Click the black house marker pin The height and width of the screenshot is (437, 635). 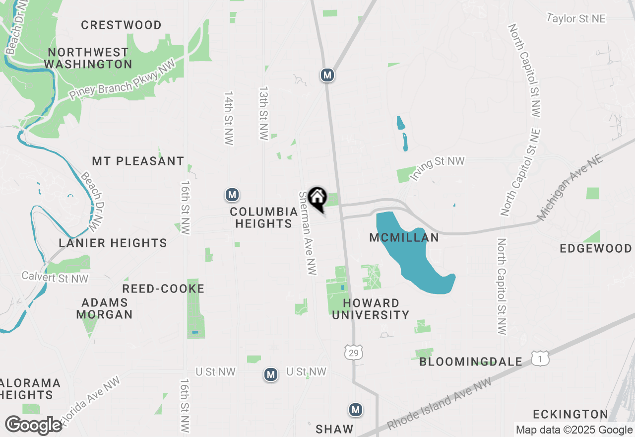coord(317,199)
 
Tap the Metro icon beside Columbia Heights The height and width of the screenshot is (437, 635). coord(232,195)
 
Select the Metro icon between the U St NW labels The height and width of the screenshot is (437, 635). coord(270,374)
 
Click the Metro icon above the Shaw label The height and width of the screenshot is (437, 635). coord(355,410)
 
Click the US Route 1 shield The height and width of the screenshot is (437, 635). coord(540,359)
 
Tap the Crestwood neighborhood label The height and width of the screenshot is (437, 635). coord(121,25)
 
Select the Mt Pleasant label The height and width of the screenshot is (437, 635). coord(138,161)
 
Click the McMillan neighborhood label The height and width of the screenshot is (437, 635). coord(404,238)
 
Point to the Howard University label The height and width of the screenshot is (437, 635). coord(371,308)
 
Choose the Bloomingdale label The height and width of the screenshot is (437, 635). coord(471,362)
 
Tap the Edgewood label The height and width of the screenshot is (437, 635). coord(595,248)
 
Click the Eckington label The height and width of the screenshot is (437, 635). coord(571,414)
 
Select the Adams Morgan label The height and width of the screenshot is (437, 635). coord(105,308)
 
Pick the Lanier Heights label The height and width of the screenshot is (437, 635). coord(113,243)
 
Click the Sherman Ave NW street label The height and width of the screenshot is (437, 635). coord(308,233)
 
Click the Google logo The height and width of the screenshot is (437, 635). coord(34,426)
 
